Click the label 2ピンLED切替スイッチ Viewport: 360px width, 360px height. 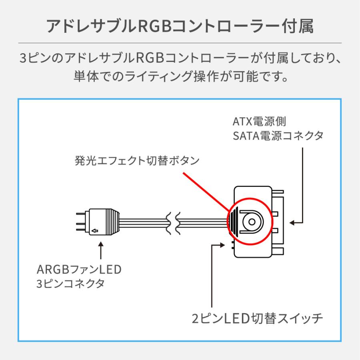pyautogui.click(x=257, y=318)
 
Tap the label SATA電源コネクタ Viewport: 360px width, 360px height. pyautogui.click(x=278, y=136)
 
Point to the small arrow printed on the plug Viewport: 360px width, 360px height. pyautogui.click(x=94, y=231)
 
